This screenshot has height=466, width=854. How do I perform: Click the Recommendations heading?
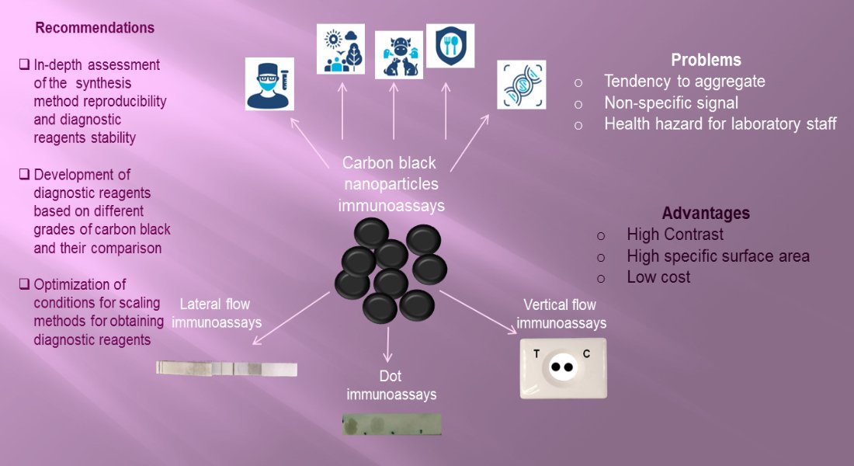(95, 28)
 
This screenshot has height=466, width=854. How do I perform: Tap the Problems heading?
(706, 61)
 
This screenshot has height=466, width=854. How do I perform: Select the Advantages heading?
(706, 214)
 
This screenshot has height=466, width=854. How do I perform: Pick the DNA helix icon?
(521, 85)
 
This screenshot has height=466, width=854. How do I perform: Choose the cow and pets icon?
(399, 54)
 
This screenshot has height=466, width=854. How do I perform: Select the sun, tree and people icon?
(341, 49)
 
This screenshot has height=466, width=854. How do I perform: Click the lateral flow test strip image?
(226, 368)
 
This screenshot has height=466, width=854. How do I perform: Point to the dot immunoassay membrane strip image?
(391, 424)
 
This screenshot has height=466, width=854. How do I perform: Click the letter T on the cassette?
(536, 354)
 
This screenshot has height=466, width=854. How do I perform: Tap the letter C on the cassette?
(586, 354)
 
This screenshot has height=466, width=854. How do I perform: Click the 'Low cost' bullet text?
(658, 277)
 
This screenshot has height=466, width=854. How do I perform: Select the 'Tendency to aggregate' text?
(684, 82)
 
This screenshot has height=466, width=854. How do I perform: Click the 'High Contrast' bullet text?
(675, 235)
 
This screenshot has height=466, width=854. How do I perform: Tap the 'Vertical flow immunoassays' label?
(561, 314)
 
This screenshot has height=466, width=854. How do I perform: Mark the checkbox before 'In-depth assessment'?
(25, 65)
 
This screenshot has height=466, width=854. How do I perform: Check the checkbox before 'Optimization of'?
(25, 285)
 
